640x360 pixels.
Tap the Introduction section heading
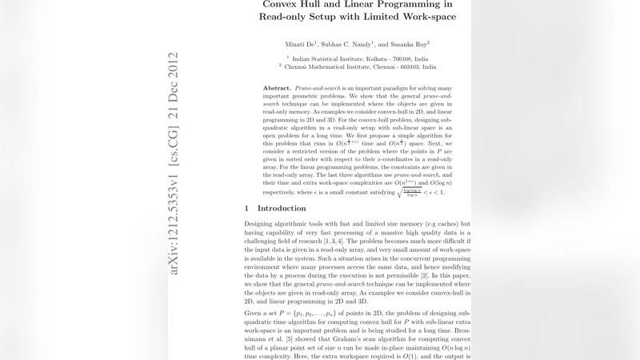pyautogui.click(x=282, y=209)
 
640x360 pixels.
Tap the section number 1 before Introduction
pyautogui.click(x=246, y=209)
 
